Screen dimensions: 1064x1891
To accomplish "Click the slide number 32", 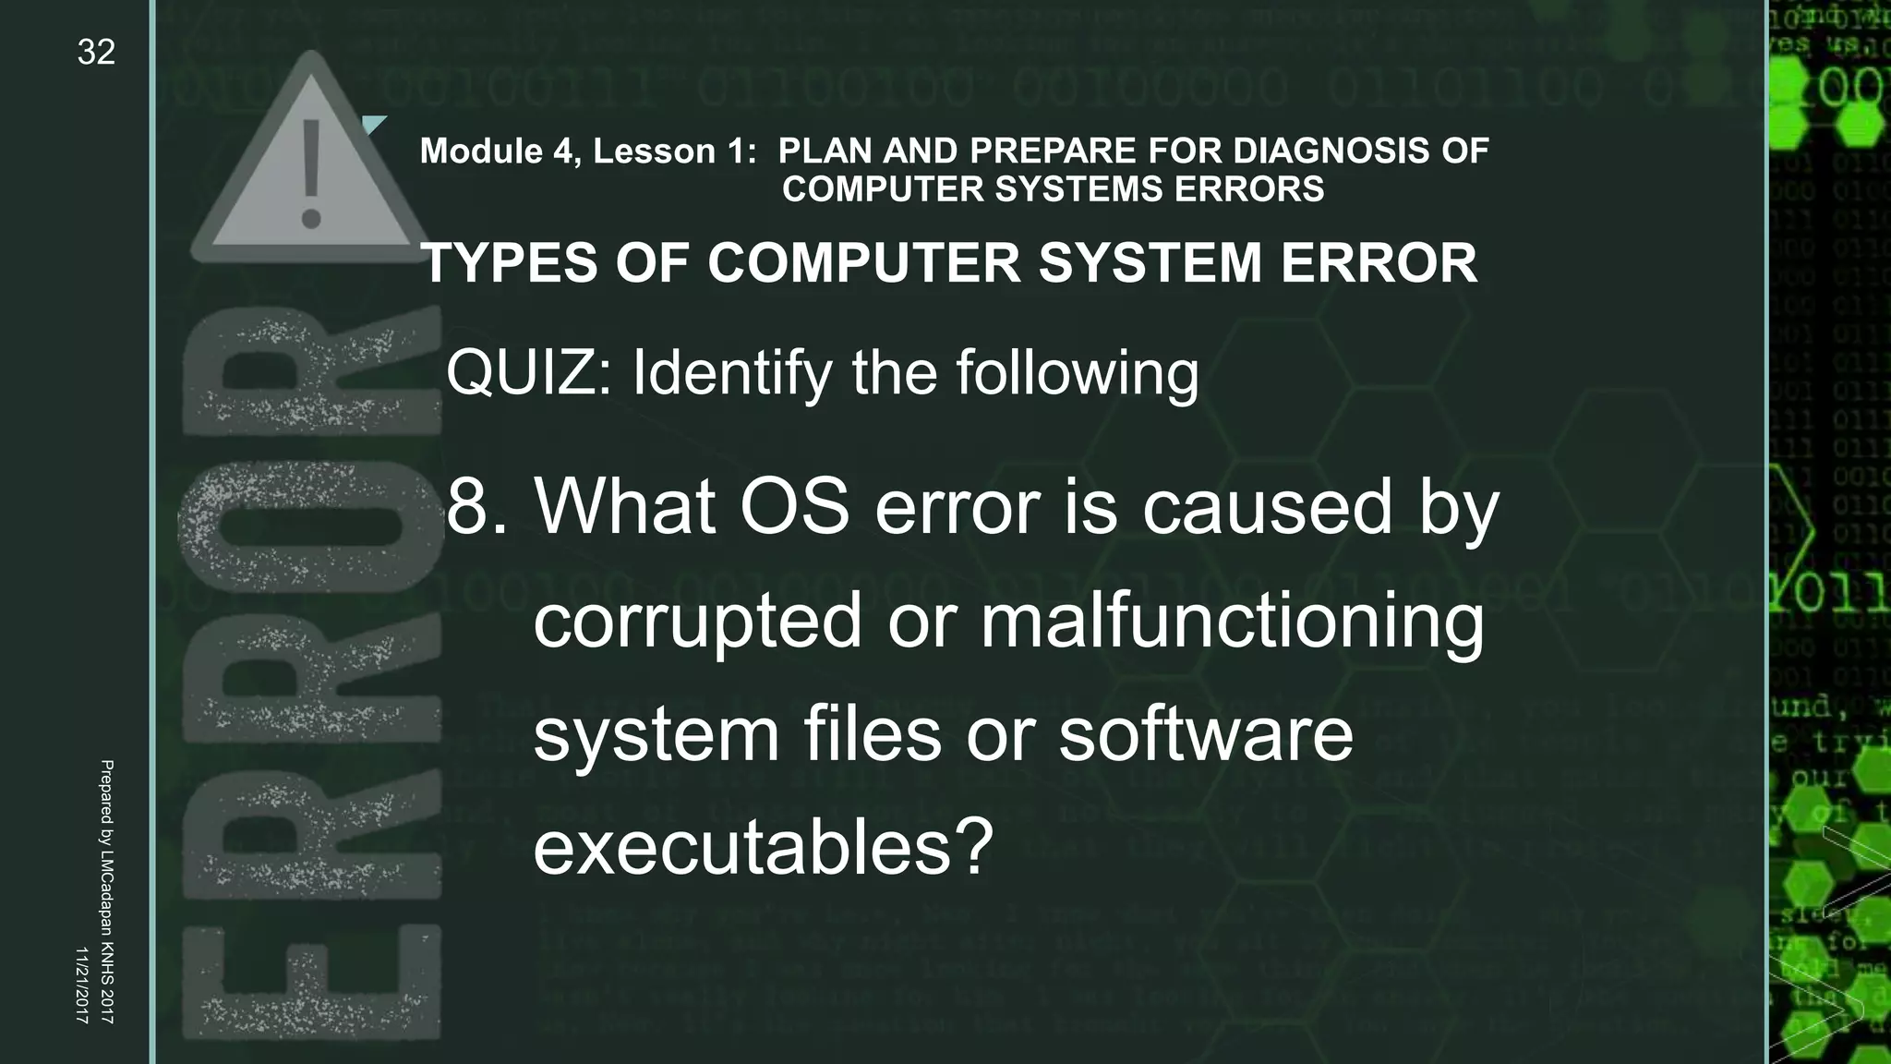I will coord(96,53).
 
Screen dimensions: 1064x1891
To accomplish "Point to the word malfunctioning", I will coord(1232,621).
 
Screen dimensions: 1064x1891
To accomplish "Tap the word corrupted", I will coord(698,621).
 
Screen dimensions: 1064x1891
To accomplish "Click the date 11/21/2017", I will coord(81,985).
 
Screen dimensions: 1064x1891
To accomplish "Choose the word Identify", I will coord(732,373).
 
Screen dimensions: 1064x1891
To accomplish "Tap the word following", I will coord(1077,373).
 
